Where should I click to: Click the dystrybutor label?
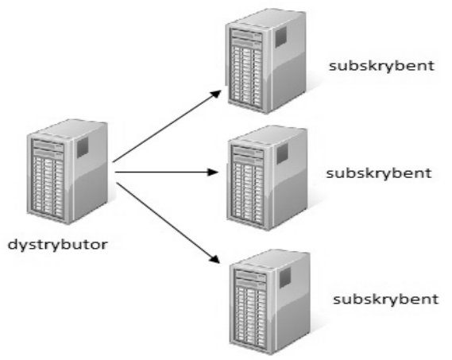(x=58, y=246)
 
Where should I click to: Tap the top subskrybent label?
(x=381, y=66)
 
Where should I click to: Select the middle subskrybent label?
(x=379, y=174)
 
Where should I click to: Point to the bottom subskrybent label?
(x=386, y=300)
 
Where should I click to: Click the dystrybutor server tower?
(x=68, y=172)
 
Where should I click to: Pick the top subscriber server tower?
(x=265, y=61)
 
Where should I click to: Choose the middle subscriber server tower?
(x=267, y=178)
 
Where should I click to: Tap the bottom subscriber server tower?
(x=270, y=302)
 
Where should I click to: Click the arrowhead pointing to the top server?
(x=215, y=94)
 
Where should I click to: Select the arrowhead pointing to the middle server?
(x=212, y=172)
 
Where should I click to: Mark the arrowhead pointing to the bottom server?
(x=214, y=258)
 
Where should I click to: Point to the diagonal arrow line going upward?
(x=167, y=126)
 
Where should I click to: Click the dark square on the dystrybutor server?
(x=83, y=147)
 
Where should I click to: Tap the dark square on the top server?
(x=280, y=37)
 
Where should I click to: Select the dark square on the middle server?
(x=283, y=153)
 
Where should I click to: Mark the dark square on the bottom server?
(x=285, y=277)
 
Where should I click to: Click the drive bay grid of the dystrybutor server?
(x=48, y=186)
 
